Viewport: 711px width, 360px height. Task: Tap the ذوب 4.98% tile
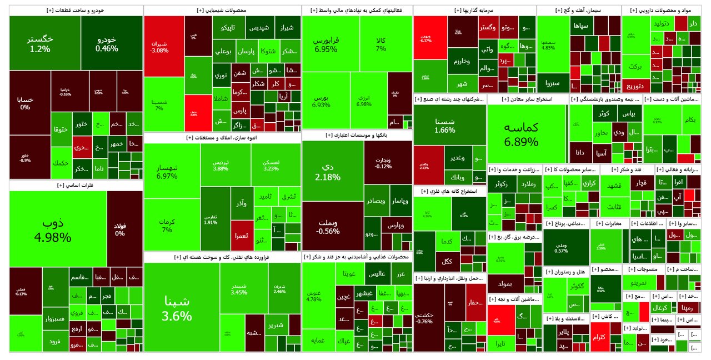pyautogui.click(x=57, y=229)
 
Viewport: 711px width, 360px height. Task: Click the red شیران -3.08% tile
pyautogui.click(x=163, y=47)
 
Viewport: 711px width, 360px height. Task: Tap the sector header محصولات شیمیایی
pyautogui.click(x=222, y=11)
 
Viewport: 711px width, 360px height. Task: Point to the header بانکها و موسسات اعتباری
pyautogui.click(x=357, y=135)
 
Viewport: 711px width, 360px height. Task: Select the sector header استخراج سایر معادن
pyautogui.click(x=527, y=99)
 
